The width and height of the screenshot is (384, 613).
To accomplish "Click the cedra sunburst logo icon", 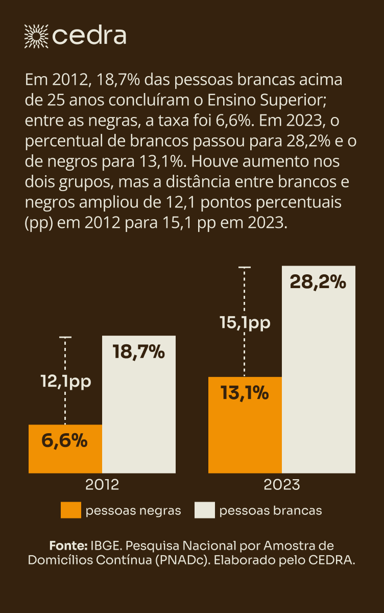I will (x=36, y=35).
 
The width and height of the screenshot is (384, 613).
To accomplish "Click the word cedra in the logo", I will (x=89, y=36).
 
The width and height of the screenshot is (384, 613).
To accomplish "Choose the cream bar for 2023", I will (x=319, y=378).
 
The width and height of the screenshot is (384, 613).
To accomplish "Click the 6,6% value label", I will (x=64, y=440).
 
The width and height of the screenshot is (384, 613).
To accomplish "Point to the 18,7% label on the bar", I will (x=139, y=352).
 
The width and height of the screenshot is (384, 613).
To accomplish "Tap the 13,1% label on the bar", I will (x=245, y=393).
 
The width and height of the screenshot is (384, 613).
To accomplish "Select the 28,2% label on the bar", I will (x=318, y=282).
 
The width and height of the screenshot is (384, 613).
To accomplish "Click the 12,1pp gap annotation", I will (x=65, y=381).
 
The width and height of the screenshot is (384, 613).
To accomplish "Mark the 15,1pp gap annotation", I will (x=245, y=322).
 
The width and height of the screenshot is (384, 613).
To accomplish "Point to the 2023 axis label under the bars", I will (x=281, y=484).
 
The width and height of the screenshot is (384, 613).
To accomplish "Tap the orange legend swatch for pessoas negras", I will (x=70, y=510).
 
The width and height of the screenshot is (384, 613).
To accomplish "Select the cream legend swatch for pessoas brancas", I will (x=204, y=510).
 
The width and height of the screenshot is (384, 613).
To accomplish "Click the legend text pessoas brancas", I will (x=271, y=510).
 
